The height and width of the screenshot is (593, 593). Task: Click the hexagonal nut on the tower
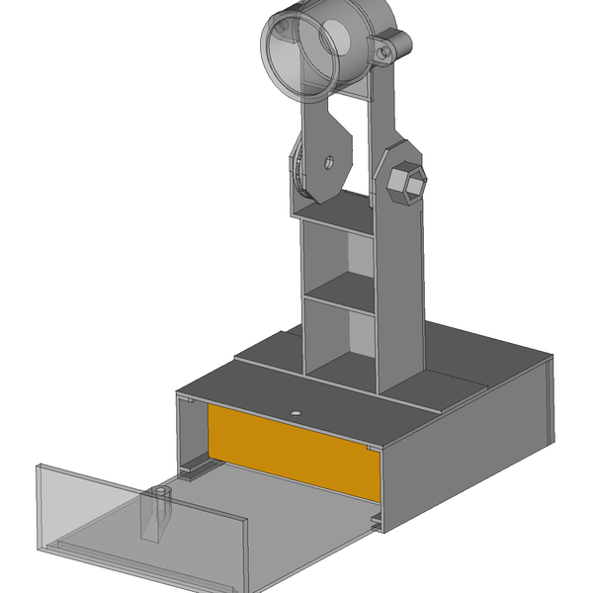tap(406, 183)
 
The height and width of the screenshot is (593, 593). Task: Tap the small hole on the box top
tap(296, 409)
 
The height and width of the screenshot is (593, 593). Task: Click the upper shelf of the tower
tap(336, 210)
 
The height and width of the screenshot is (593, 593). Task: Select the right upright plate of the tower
tap(399, 287)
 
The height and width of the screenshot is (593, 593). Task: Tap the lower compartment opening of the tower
tap(339, 341)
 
